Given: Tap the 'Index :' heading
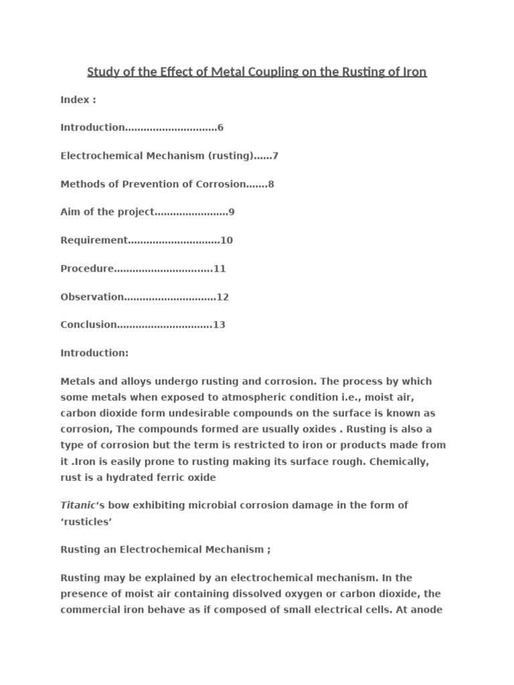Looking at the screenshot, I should pos(78,100).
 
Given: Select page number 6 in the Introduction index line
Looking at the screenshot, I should pos(220,128).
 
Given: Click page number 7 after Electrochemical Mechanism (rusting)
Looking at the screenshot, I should pos(275,156).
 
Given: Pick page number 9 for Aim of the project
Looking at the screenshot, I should pos(232,212).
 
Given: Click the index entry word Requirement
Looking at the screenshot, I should pos(94,240).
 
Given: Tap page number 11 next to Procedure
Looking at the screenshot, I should pos(220,268).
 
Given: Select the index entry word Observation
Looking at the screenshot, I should pos(92,296).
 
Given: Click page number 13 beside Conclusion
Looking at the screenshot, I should pos(219,324).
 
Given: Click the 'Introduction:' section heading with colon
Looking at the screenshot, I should pos(94,353).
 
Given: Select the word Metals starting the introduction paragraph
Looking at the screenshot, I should pos(79,381).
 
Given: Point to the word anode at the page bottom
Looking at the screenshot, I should pos(427,609).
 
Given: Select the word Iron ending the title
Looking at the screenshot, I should pos(414,72).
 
